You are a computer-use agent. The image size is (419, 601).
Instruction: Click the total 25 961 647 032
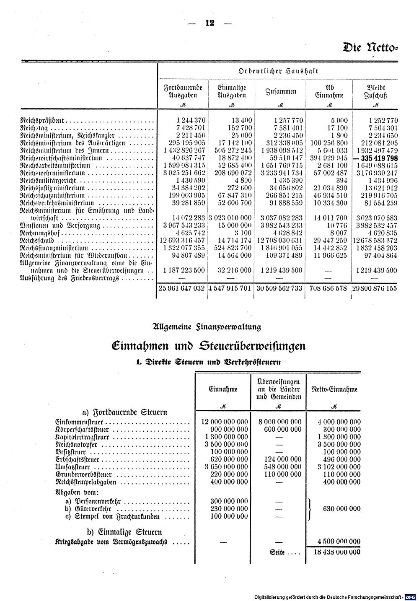(181, 288)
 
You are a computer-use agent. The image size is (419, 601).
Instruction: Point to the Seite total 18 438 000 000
(337, 552)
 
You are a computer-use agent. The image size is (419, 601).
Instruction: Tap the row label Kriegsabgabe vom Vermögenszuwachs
(109, 541)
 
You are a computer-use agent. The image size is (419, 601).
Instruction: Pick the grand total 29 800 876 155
(375, 288)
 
